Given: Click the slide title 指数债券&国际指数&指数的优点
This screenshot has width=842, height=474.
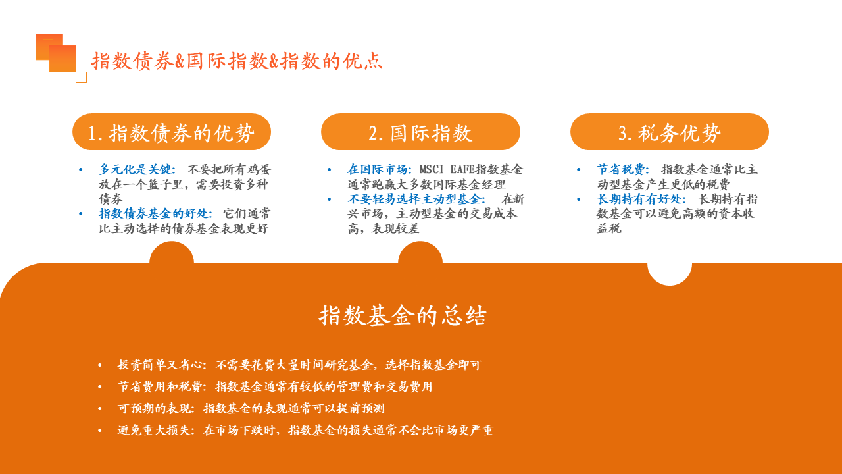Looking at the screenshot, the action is point(237,61).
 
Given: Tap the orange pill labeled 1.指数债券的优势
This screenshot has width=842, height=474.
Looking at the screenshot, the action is point(172,132).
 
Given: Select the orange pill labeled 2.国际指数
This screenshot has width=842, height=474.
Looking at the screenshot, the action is point(420,132).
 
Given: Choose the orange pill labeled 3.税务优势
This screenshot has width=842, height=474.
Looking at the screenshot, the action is point(670,132).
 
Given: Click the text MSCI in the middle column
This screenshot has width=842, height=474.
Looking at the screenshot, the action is point(432,169).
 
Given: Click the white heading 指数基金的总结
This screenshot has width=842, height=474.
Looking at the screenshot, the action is point(403,315).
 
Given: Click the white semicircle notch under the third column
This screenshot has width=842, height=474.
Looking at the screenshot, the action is point(670,273).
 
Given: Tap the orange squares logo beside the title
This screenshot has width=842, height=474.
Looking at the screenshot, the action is point(56,53).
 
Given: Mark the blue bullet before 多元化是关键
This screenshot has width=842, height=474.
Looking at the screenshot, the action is point(80,170).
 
